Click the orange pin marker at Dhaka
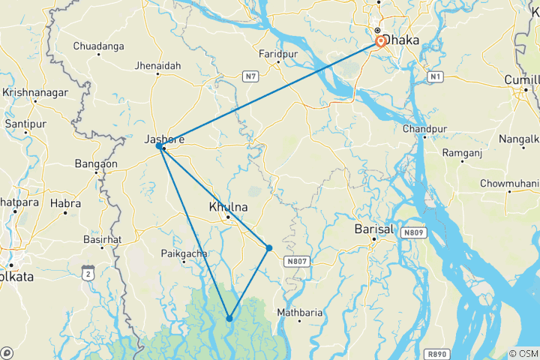(x=380, y=42)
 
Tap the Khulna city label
(x=228, y=206)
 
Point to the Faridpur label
(x=279, y=54)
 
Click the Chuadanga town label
(x=98, y=46)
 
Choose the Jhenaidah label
(x=159, y=65)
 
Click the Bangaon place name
(x=96, y=163)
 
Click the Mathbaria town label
(x=299, y=312)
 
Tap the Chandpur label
(x=424, y=128)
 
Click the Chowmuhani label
(x=509, y=182)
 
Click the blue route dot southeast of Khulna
(x=268, y=247)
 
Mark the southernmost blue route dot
(x=229, y=319)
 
